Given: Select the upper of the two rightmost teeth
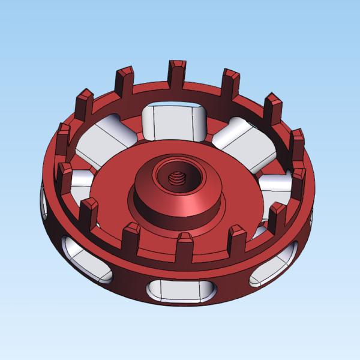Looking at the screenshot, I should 297,144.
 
